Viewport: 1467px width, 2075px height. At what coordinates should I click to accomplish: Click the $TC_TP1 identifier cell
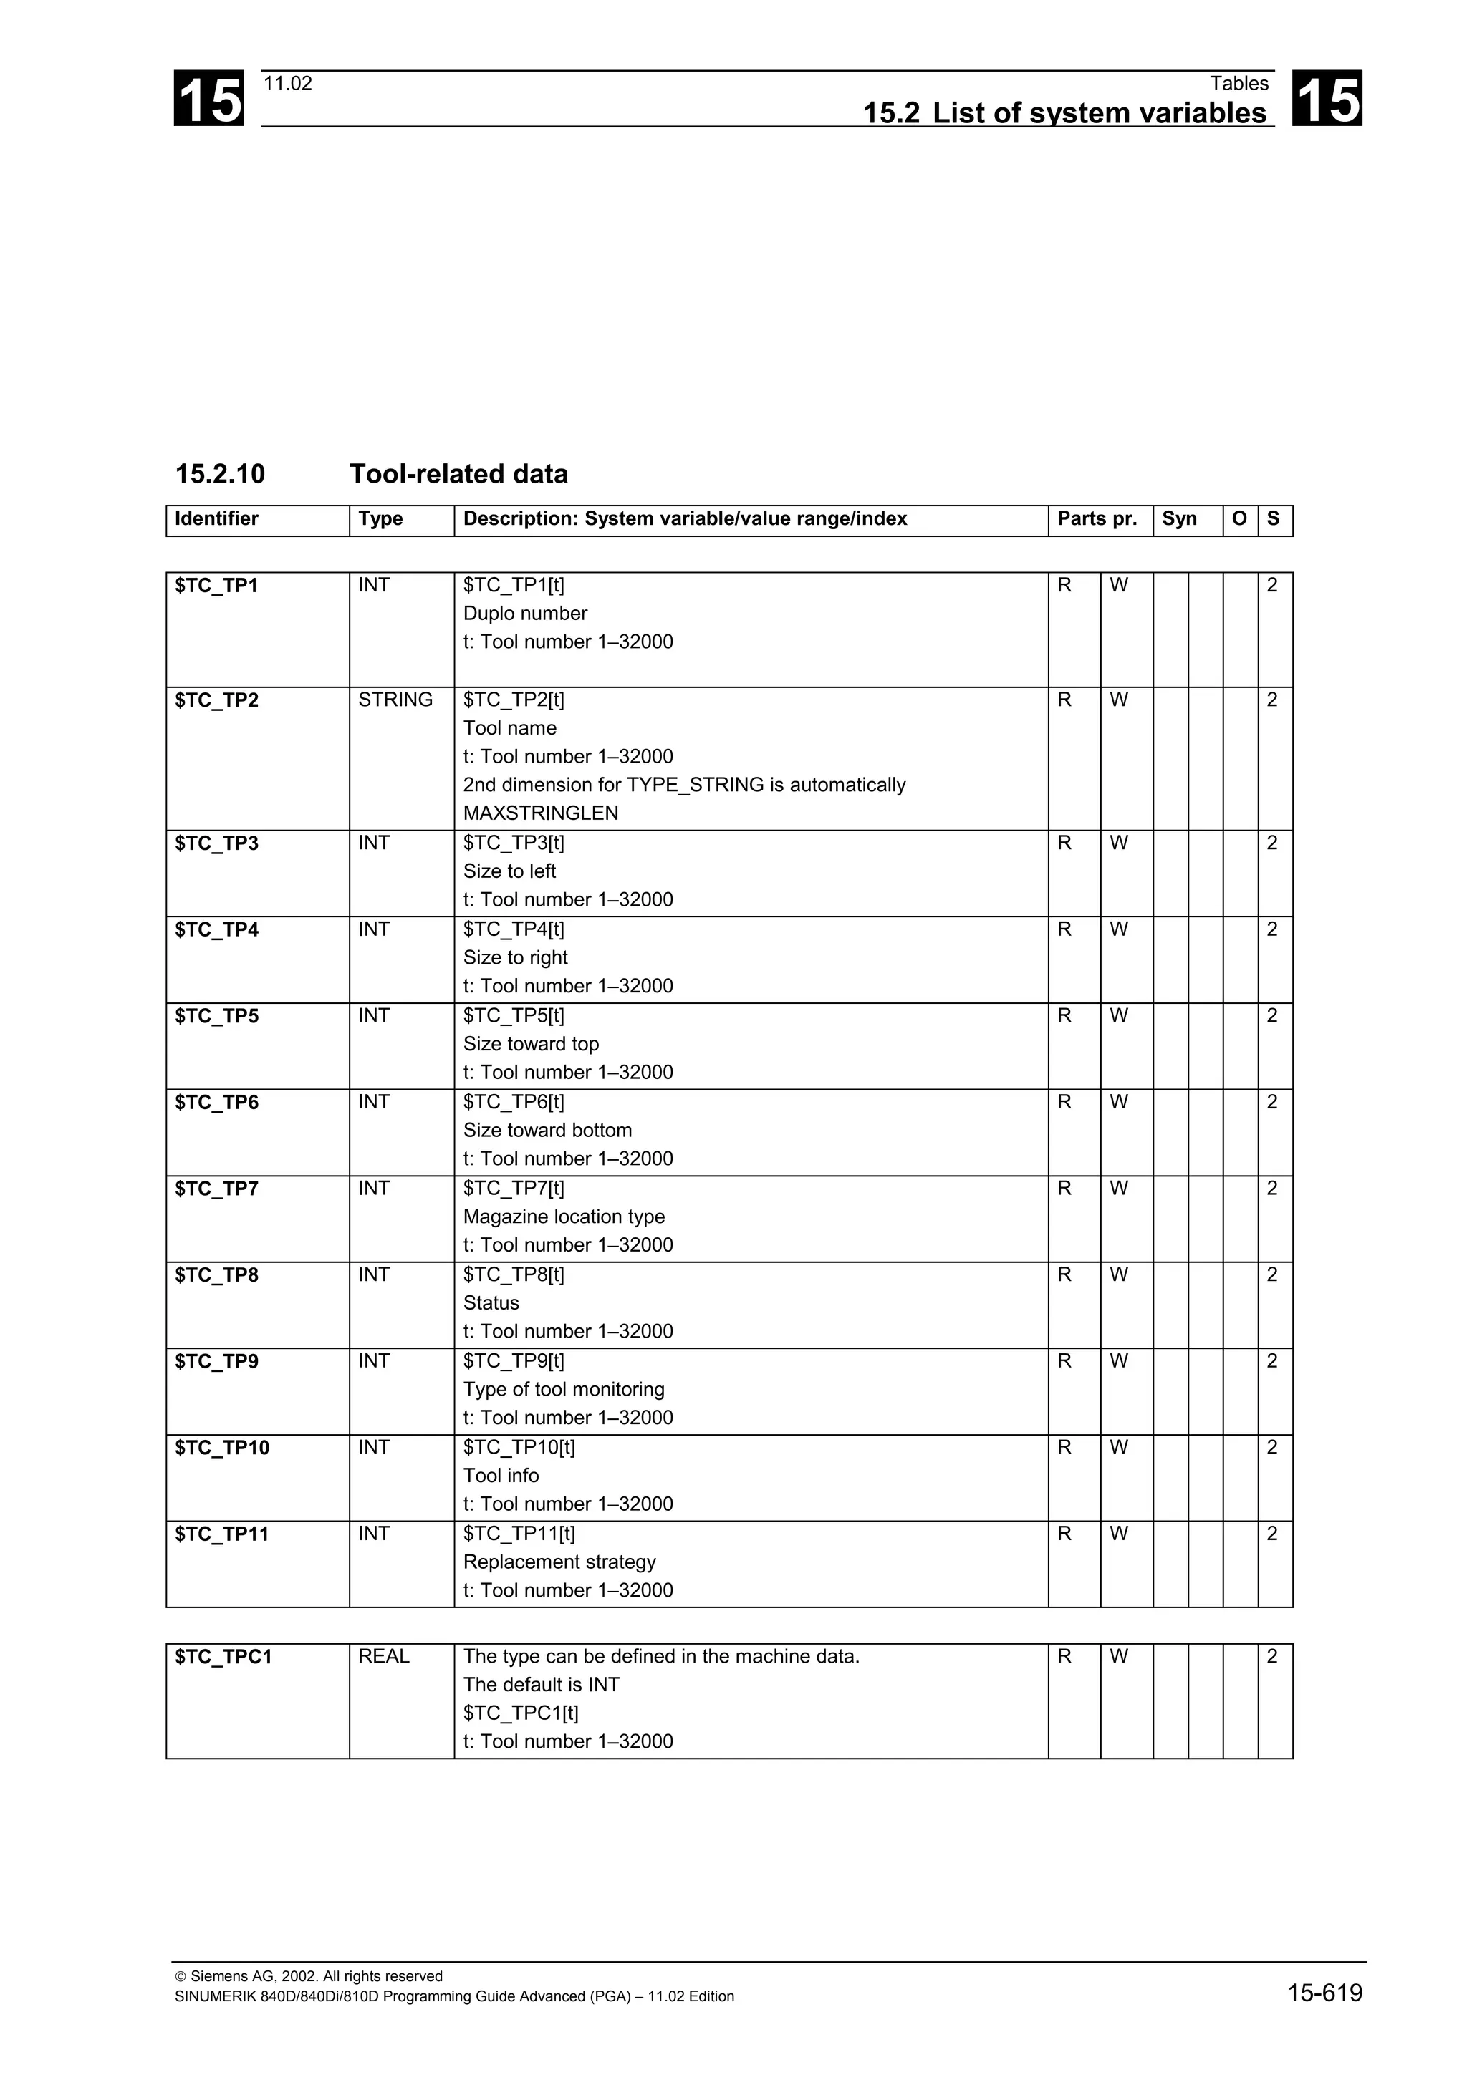pyautogui.click(x=217, y=586)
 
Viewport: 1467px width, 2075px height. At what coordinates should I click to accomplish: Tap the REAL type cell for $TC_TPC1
pyautogui.click(x=384, y=1657)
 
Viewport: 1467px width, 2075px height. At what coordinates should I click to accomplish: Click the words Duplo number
pyautogui.click(x=525, y=614)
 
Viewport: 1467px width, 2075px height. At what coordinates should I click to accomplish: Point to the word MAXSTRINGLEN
pyautogui.click(x=541, y=813)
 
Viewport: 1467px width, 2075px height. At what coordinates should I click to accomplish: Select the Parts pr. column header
pyautogui.click(x=1097, y=518)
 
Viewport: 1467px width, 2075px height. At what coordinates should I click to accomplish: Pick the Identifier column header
pyautogui.click(x=217, y=518)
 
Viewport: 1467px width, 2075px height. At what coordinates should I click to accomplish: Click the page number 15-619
pyautogui.click(x=1324, y=1993)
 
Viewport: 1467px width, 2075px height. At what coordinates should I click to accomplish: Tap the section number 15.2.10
pyautogui.click(x=220, y=475)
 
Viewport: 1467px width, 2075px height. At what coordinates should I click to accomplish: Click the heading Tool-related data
pyautogui.click(x=458, y=475)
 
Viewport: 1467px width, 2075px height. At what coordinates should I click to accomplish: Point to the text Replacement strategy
pyautogui.click(x=559, y=1562)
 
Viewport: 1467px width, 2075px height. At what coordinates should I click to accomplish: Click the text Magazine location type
pyautogui.click(x=564, y=1217)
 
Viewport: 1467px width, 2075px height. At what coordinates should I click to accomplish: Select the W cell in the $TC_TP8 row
pyautogui.click(x=1119, y=1275)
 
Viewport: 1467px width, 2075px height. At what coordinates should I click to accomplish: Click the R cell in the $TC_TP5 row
pyautogui.click(x=1064, y=1016)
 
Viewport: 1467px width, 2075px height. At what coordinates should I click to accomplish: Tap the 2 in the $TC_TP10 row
pyautogui.click(x=1271, y=1448)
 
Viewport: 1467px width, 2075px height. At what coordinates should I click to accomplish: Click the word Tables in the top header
pyautogui.click(x=1239, y=84)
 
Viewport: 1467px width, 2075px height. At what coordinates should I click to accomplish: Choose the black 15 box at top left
pyautogui.click(x=208, y=99)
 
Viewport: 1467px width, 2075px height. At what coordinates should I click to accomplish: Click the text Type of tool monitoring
pyautogui.click(x=564, y=1390)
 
